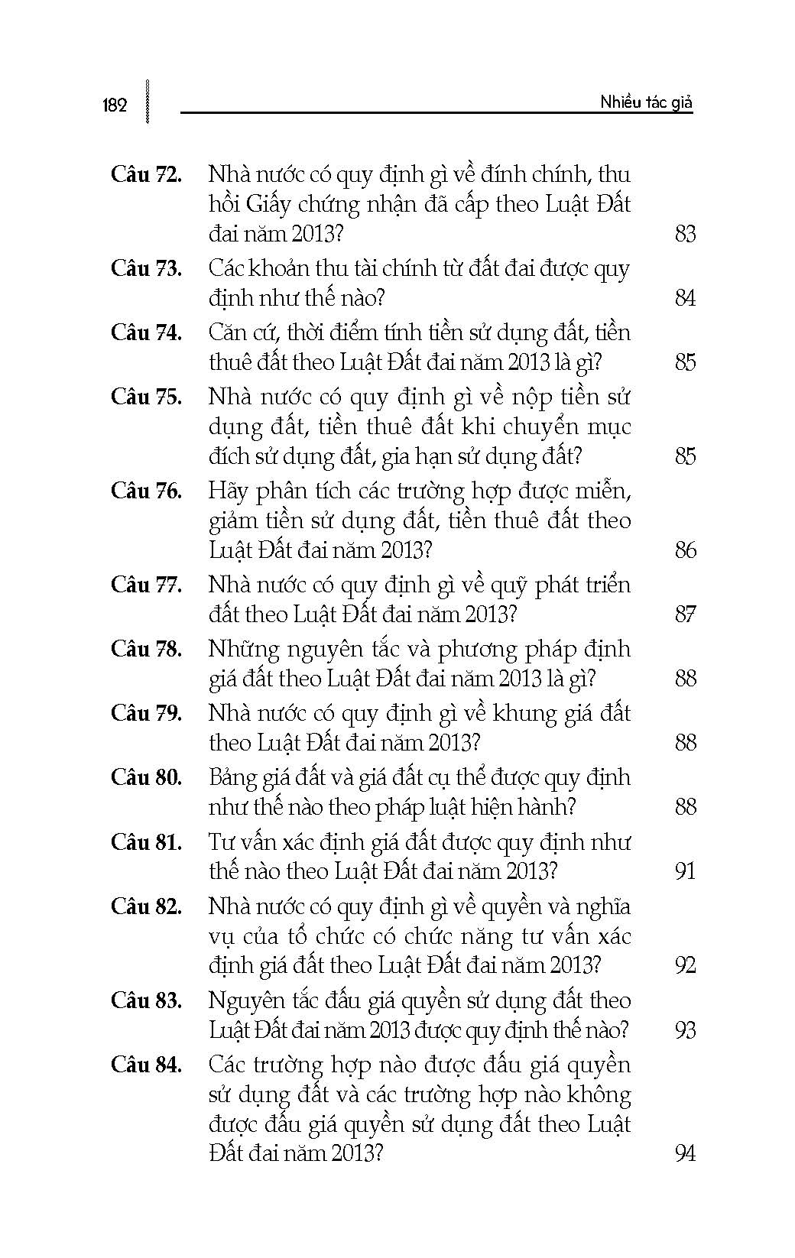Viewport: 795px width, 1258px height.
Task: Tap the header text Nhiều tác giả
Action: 646,102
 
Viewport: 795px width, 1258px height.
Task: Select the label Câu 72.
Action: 146,175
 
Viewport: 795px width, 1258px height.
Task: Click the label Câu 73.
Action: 146,269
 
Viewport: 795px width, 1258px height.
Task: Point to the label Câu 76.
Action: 146,491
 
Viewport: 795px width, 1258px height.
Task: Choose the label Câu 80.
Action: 146,778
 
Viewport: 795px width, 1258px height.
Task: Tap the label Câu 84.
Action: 146,1065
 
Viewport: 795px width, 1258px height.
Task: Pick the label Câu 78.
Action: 146,650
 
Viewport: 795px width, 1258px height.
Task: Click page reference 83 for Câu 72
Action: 685,234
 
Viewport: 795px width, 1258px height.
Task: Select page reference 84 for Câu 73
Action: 685,298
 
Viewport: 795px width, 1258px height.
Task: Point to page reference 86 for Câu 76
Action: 685,550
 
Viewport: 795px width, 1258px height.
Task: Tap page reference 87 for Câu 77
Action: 685,614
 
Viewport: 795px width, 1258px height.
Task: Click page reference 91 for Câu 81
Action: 685,871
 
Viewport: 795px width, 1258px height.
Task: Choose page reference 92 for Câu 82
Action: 685,965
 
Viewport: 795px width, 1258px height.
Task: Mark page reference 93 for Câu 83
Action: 685,1030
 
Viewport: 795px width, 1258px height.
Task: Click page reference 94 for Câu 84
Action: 685,1153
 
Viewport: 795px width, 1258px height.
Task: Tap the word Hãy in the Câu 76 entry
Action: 229,491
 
